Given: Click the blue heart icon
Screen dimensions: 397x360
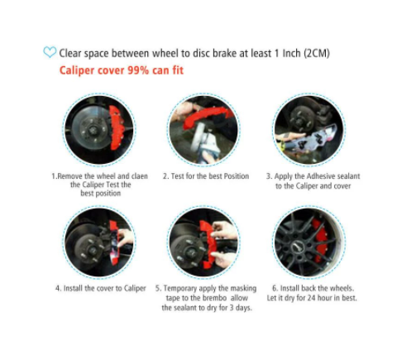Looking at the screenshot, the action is coord(50,52).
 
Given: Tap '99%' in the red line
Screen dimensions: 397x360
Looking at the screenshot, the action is coord(138,70).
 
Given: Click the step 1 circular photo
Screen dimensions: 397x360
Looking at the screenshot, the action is coord(99,130).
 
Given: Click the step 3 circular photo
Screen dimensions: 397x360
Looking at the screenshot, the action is coord(309,130).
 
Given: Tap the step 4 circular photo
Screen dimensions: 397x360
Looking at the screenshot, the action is coord(99,242).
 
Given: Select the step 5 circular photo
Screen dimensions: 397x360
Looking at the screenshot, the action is coord(203,242).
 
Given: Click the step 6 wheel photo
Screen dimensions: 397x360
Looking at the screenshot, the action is coord(309,242).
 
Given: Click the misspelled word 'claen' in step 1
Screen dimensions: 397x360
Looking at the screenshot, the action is coord(139,176).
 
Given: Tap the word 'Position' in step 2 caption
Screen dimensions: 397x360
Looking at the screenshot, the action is coord(237,176).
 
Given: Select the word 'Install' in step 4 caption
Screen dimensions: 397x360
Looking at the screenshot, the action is coord(73,288).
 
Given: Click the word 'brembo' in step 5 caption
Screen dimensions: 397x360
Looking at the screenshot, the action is coord(214,298).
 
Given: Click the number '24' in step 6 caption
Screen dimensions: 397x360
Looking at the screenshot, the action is coord(311,298).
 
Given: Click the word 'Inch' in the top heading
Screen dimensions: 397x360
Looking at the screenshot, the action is coord(291,53).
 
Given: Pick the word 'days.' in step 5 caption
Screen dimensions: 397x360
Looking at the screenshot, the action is coord(243,308).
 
